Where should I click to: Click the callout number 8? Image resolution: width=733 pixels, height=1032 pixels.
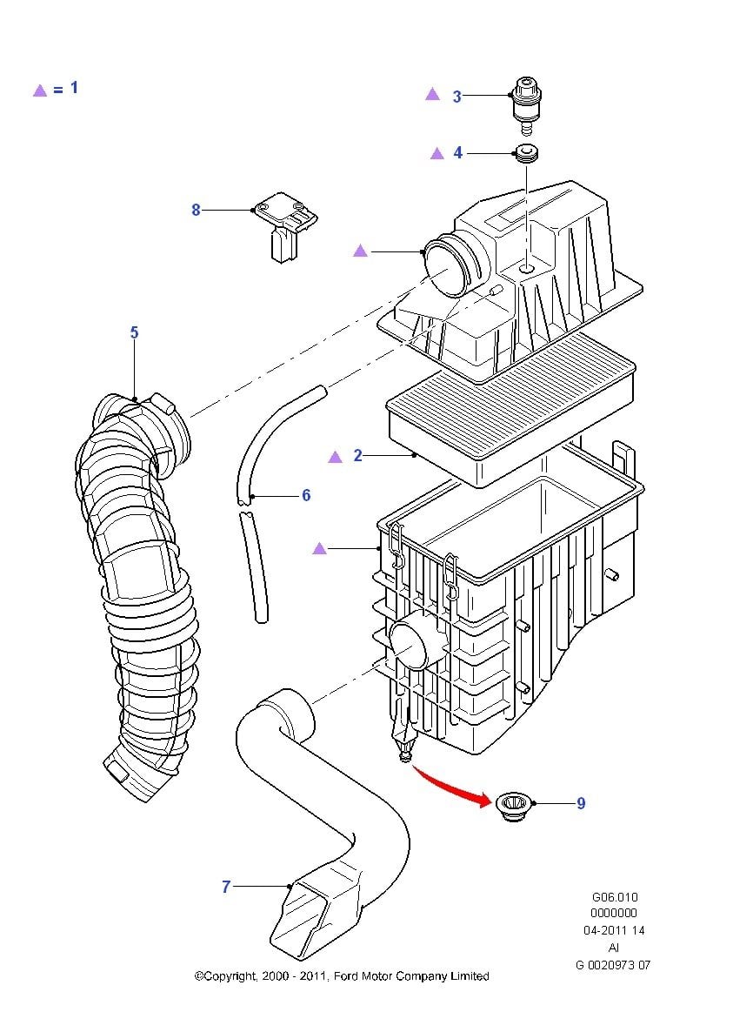[196, 210]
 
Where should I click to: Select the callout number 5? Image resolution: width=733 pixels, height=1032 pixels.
[134, 332]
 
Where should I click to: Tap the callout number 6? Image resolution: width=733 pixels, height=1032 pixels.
[306, 495]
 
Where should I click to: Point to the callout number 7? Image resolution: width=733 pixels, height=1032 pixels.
[226, 887]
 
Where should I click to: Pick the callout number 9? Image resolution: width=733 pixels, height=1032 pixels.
[581, 803]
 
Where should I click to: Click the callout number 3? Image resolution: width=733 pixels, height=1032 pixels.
[457, 97]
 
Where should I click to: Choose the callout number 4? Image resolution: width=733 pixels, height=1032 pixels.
[458, 153]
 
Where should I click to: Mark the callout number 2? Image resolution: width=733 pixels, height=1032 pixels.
[357, 455]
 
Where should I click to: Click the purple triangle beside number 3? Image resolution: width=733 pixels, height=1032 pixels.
[432, 95]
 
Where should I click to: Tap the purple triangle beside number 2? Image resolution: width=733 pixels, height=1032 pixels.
[335, 456]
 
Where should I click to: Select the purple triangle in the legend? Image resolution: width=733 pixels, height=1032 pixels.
[39, 90]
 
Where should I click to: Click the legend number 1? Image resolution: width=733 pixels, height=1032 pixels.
[75, 87]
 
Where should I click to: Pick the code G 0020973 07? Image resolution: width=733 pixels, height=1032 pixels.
[613, 964]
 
